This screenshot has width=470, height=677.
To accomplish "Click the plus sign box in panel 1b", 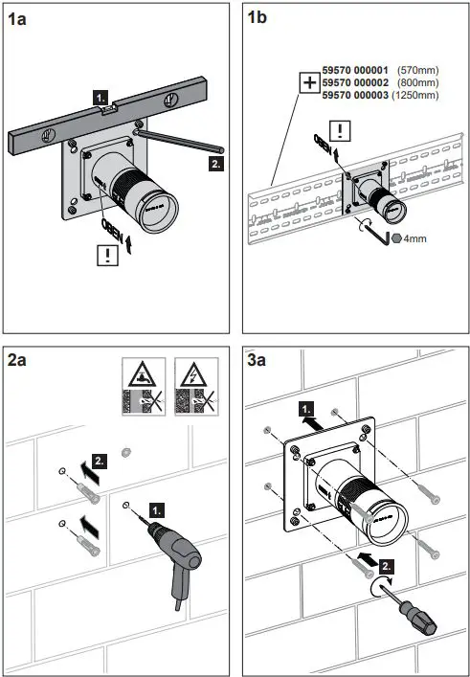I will (x=308, y=83).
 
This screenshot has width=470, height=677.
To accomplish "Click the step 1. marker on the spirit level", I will (x=101, y=98).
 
